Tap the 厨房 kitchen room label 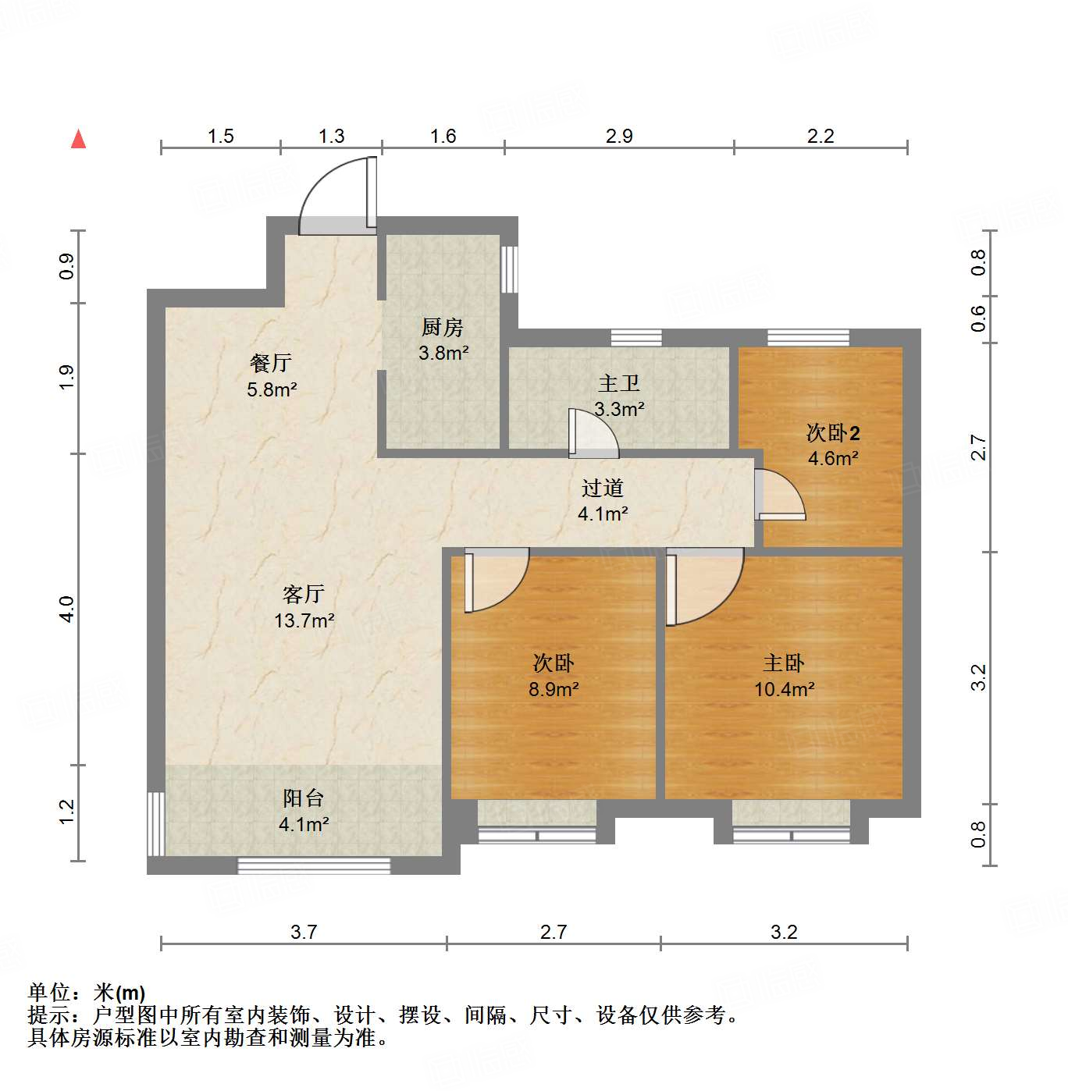pyautogui.click(x=443, y=328)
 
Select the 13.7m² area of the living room pyautogui.click(x=304, y=621)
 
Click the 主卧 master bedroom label pyautogui.click(x=783, y=663)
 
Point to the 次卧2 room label pyautogui.click(x=832, y=433)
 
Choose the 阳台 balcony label pyautogui.click(x=303, y=798)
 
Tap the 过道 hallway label pyautogui.click(x=602, y=489)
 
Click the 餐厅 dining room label pyautogui.click(x=270, y=363)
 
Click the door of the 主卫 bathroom pyautogui.click(x=593, y=434)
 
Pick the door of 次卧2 pyautogui.click(x=779, y=495)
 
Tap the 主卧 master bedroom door pyautogui.click(x=702, y=585)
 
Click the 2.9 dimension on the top pyautogui.click(x=618, y=137)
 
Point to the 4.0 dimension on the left pyautogui.click(x=67, y=609)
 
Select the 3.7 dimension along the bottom pyautogui.click(x=303, y=932)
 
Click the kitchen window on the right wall pyautogui.click(x=510, y=269)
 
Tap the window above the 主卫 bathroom pyautogui.click(x=635, y=338)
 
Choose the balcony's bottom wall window pyautogui.click(x=313, y=865)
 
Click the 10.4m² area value pyautogui.click(x=784, y=690)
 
